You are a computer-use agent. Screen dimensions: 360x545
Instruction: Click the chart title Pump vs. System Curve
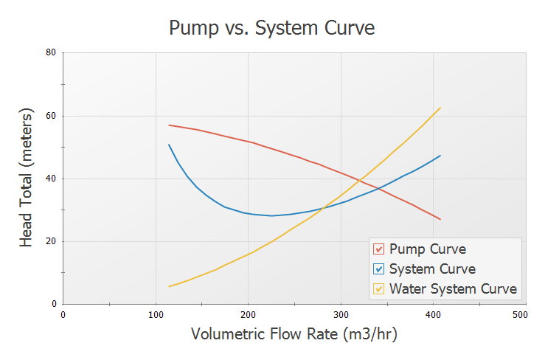[272, 28]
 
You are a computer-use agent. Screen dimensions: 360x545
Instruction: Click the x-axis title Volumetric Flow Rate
[294, 333]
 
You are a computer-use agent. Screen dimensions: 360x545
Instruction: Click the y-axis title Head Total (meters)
[27, 178]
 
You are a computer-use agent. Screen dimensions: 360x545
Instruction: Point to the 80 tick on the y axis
[52, 53]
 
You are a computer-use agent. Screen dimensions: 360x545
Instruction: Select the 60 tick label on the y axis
[52, 116]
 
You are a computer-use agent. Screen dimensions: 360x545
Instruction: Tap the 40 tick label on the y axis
[52, 179]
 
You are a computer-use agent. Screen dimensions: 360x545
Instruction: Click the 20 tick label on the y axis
[52, 241]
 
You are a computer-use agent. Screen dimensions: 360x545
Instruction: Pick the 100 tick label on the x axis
[156, 314]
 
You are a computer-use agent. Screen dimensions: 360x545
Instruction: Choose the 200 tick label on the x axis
[248, 314]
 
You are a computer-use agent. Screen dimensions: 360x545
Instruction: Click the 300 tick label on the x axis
[341, 314]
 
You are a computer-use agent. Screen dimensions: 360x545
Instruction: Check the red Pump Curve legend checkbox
[379, 249]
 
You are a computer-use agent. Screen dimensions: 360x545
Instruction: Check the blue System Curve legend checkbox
[379, 269]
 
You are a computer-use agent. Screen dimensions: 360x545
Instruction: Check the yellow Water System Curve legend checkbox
[379, 288]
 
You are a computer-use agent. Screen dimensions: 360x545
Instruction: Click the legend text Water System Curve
[453, 288]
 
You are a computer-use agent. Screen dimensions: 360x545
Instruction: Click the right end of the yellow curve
[440, 108]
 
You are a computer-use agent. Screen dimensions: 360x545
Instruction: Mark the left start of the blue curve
[169, 145]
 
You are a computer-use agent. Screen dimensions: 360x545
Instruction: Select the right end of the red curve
[440, 219]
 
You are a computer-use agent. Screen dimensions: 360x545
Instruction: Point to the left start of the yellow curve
[169, 286]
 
